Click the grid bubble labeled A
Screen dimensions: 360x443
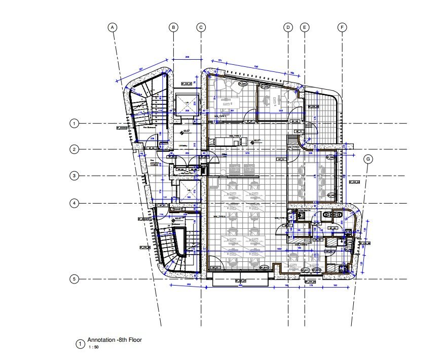(113, 27)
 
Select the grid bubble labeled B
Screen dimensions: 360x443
(174, 27)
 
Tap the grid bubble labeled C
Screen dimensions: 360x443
(201, 27)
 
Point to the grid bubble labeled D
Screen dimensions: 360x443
(288, 27)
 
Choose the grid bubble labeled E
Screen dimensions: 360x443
(305, 27)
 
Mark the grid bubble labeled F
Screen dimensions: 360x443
(342, 27)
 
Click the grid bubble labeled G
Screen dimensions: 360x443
(368, 158)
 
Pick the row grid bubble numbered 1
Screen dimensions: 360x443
(74, 123)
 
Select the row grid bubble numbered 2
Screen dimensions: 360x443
(74, 149)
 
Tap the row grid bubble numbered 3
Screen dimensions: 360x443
(74, 176)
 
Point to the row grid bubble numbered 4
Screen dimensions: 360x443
(74, 203)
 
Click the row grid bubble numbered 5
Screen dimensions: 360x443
(74, 279)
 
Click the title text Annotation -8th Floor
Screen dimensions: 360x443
(115, 340)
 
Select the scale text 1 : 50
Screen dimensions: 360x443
(93, 348)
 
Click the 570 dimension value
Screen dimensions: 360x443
(248, 153)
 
